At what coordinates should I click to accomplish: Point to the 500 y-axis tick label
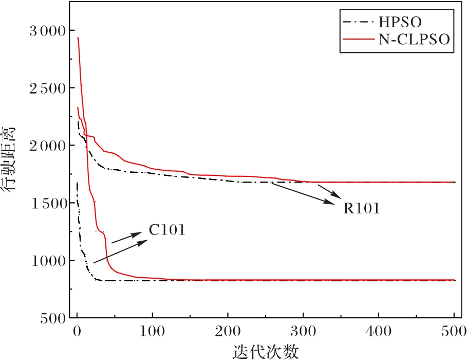pyautogui.click(x=51, y=319)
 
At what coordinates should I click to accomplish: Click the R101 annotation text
pyautogui.click(x=362, y=209)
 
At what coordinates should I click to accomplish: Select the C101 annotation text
pyautogui.click(x=167, y=230)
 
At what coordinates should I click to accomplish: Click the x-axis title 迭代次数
pyautogui.click(x=265, y=352)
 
